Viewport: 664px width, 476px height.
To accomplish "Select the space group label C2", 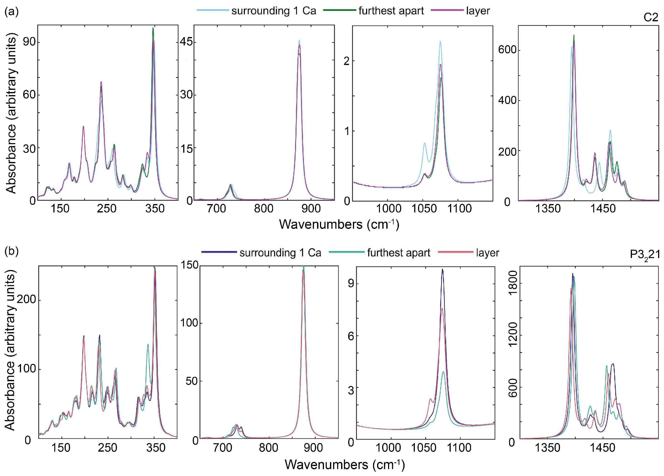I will coord(651,18).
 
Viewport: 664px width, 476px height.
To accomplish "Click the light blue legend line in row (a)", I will coord(213,11).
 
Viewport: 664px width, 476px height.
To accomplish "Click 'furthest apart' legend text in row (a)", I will coord(391,11).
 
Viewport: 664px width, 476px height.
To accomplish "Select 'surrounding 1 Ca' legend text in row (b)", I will coord(280,253).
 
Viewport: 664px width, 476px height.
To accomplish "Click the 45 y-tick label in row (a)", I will coord(187,42).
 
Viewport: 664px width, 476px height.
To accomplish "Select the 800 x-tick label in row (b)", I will coord(268,448).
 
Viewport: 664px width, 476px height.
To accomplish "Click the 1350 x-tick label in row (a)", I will coord(548,209).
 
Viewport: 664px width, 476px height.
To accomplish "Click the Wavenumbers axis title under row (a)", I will coord(339,224).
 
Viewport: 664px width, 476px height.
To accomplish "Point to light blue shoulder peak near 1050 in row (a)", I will coord(424,143).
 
